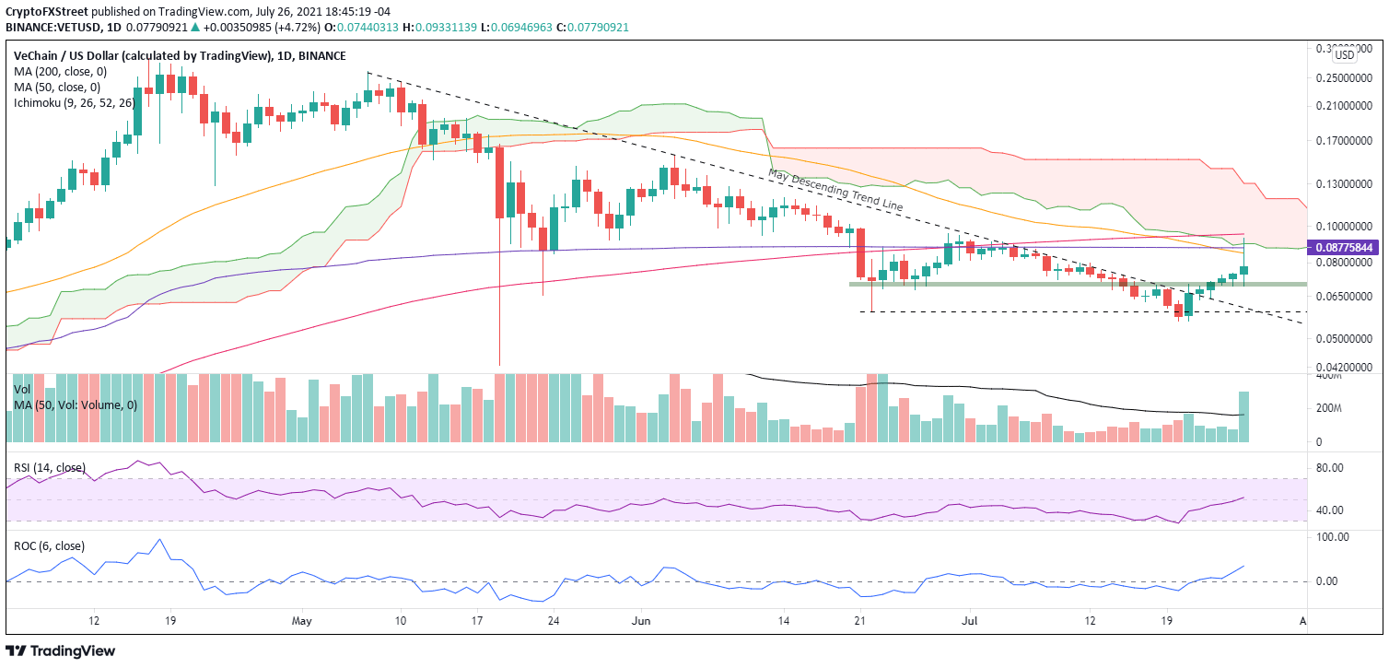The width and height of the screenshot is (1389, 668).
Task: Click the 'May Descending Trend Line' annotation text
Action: [835, 191]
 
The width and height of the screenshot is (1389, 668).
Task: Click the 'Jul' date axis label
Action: [968, 620]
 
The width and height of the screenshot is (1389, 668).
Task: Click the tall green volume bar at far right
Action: [1243, 416]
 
